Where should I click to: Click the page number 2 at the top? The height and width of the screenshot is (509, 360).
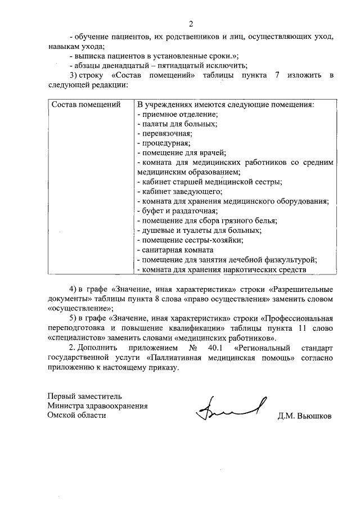(191, 24)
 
